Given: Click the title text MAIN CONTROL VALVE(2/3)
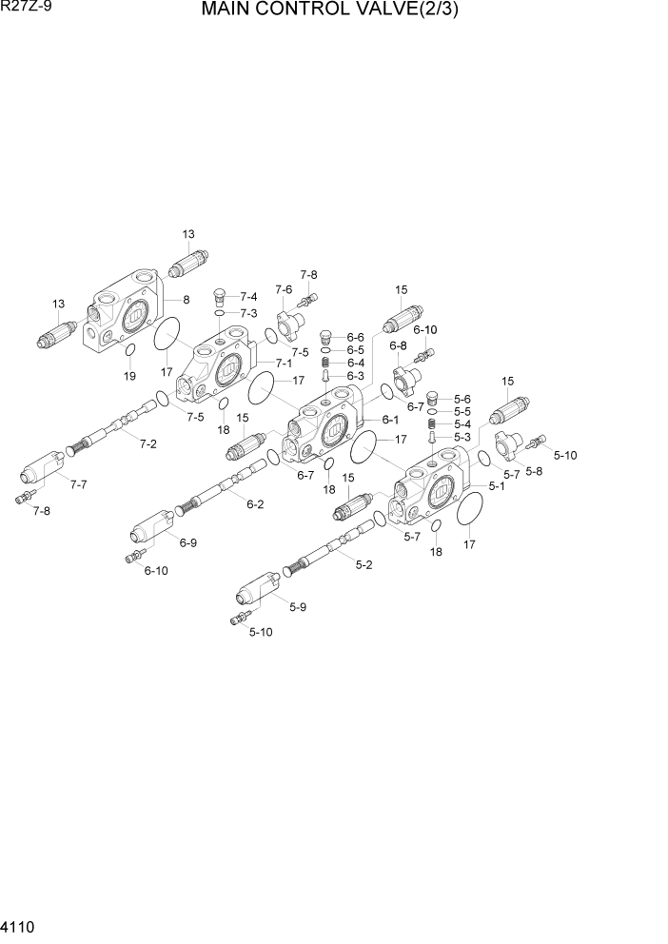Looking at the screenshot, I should (336, 14).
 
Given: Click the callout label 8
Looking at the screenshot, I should (187, 300).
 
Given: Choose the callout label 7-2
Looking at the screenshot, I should (148, 443).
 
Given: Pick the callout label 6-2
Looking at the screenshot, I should (255, 504).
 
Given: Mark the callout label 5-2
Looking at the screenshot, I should (363, 565).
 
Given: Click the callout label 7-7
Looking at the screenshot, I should (78, 484).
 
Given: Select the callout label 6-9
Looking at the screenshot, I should (187, 543).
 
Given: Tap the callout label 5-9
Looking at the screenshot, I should (297, 606).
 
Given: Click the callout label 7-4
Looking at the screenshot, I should (248, 297).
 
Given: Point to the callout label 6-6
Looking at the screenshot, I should (356, 337).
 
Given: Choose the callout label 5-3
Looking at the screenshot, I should (462, 437).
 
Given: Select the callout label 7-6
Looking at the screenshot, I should (284, 289).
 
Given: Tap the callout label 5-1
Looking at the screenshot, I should (497, 485).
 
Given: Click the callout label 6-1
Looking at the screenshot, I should (390, 420).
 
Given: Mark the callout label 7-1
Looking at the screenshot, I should (284, 364).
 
